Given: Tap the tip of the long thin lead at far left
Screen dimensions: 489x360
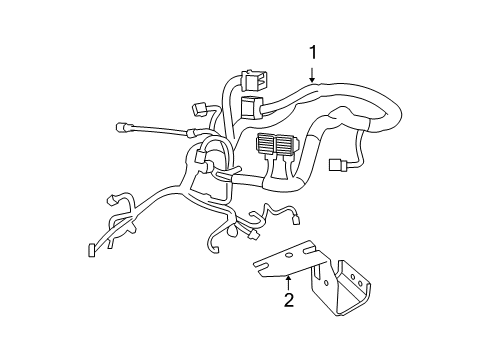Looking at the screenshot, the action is click(x=121, y=127).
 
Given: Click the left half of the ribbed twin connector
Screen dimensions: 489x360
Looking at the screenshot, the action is click(x=267, y=146).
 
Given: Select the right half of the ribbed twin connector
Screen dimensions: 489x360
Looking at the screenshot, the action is click(x=288, y=146).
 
